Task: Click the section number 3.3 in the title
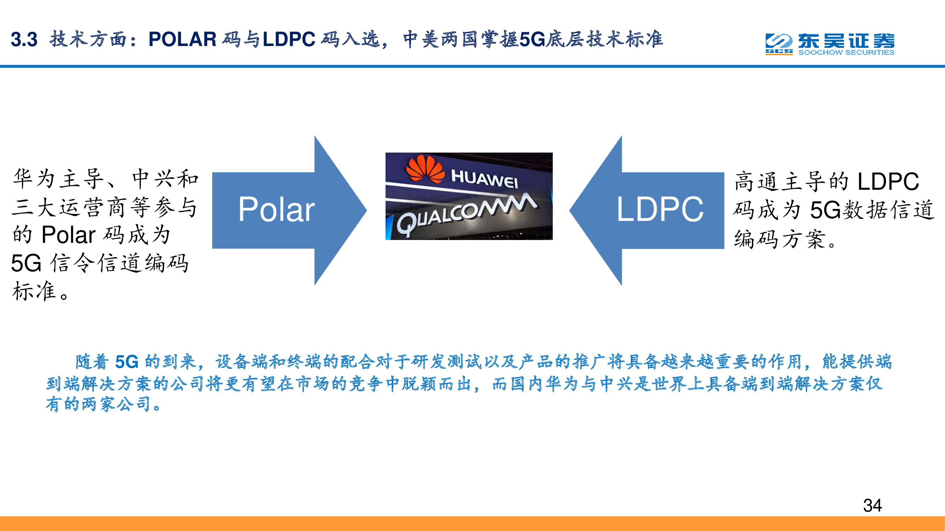[x=24, y=40]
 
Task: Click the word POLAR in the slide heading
[x=182, y=40]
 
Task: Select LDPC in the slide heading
[x=289, y=40]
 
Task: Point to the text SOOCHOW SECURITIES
[x=846, y=53]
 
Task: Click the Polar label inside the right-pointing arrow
[x=276, y=210]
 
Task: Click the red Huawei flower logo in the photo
[x=425, y=169]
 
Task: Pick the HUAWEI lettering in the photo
[x=484, y=179]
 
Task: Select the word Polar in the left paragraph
[x=69, y=235]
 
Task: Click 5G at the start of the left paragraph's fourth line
[x=26, y=263]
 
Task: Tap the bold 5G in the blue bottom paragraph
[x=126, y=362]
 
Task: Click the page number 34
[x=872, y=506]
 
